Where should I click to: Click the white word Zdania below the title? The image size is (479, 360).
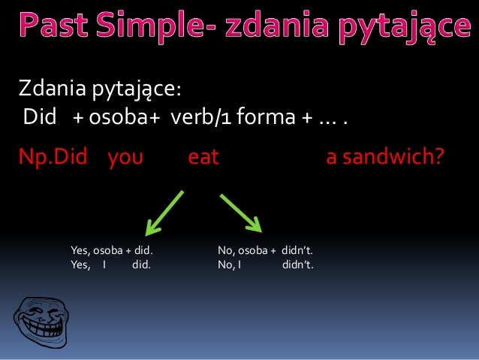pyautogui.click(x=53, y=91)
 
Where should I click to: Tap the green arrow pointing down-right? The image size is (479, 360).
pyautogui.click(x=240, y=212)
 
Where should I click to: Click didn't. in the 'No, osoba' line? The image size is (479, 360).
pyautogui.click(x=297, y=251)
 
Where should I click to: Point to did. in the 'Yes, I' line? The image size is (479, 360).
pyautogui.click(x=141, y=265)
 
